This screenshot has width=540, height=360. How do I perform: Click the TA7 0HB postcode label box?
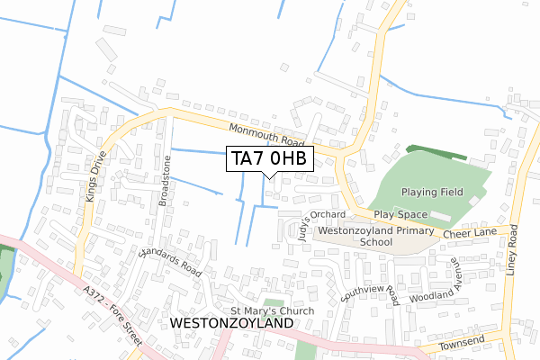pos(270,158)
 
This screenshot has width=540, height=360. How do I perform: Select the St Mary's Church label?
pos(266,311)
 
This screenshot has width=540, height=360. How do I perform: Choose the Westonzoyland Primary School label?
pos(376,237)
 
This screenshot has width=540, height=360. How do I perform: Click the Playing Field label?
pos(431,192)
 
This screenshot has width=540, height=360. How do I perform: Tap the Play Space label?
pos(400,215)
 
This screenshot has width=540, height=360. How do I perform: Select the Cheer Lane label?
pos(469,231)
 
